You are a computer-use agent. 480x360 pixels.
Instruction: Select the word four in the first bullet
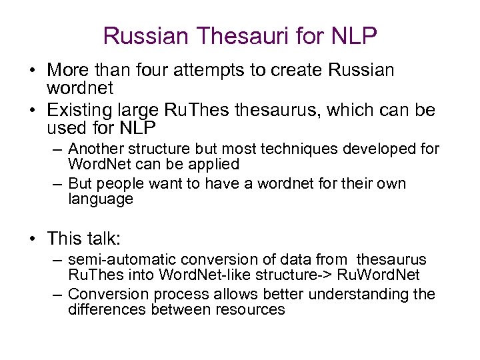[163, 70]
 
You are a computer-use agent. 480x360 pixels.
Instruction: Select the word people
[125, 183]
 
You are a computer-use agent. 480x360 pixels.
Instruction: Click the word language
[101, 199]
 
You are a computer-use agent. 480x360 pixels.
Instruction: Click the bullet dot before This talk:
[33, 238]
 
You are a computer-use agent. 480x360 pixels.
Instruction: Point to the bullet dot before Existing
[33, 109]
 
